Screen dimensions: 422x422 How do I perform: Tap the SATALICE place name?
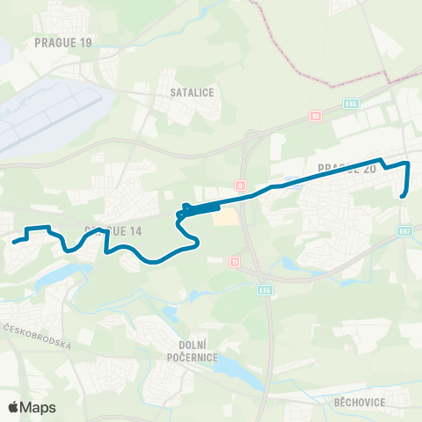pyautogui.click(x=193, y=91)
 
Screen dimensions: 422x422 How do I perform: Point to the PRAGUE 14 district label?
pyautogui.click(x=113, y=230)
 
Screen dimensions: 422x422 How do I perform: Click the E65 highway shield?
pyautogui.click(x=352, y=103)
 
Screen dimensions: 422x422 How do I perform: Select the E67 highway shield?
pyautogui.click(x=404, y=231)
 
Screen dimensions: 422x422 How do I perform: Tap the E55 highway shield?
pyautogui.click(x=265, y=288)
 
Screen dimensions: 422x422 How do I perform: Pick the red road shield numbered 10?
pyautogui.click(x=316, y=115)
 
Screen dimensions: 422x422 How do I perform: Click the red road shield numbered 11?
pyautogui.click(x=234, y=262)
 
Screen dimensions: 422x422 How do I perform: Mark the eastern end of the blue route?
pyautogui.click(x=403, y=196)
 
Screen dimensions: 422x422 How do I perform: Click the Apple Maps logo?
pyautogui.click(x=32, y=407)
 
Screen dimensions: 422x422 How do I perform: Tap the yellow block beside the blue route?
pyautogui.click(x=226, y=214)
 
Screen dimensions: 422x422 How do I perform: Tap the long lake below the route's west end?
pyautogui.click(x=53, y=278)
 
